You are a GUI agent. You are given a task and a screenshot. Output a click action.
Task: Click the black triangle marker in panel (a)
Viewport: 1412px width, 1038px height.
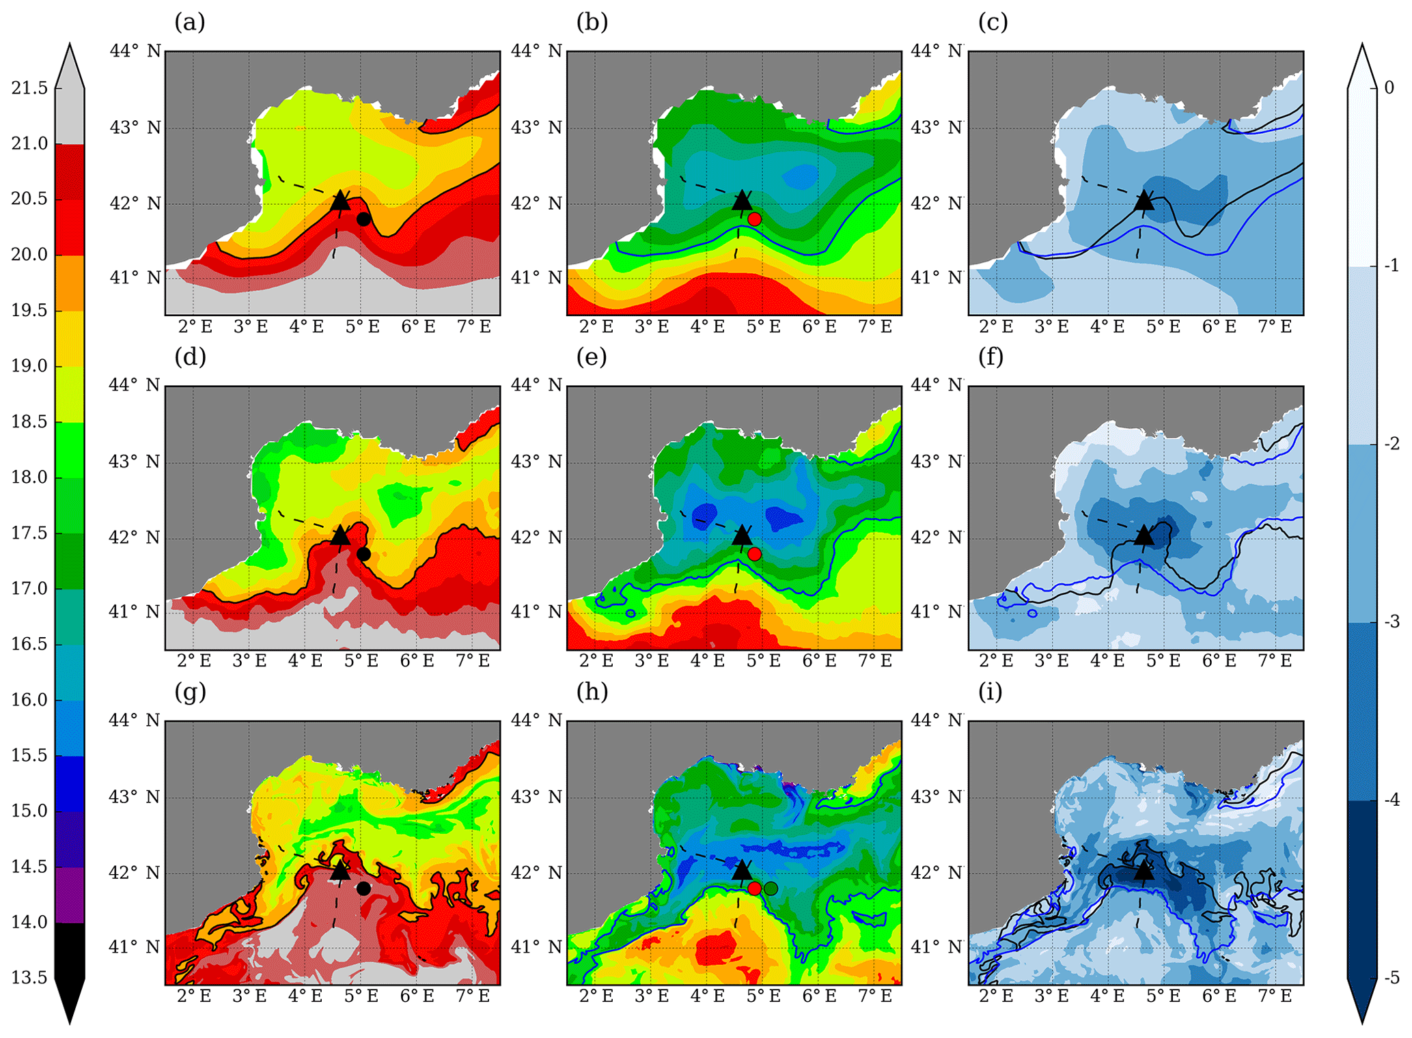340,201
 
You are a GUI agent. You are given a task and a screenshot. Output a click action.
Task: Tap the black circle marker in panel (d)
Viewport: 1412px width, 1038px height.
363,554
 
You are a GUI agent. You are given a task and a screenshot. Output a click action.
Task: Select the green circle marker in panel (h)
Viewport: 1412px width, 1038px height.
771,888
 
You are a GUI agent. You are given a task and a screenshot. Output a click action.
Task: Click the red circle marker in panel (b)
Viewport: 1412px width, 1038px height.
754,219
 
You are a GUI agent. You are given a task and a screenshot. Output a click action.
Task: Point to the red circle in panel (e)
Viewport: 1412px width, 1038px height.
754,554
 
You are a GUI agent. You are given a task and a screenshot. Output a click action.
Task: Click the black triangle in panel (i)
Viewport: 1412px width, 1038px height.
1144,871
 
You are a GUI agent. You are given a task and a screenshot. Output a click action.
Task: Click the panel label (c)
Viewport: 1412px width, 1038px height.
993,23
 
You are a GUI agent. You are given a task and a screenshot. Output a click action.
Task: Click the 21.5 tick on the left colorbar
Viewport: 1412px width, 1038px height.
29,88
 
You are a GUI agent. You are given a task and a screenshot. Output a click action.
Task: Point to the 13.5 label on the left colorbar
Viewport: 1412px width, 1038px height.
29,978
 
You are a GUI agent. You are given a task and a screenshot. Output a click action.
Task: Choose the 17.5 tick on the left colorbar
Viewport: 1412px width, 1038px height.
29,533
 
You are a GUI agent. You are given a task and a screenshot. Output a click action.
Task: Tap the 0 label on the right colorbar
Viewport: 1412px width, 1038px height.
1389,87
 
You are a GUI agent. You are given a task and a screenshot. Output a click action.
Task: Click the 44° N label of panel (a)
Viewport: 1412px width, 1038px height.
135,51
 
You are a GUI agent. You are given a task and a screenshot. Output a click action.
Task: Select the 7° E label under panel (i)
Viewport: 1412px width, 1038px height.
1275,996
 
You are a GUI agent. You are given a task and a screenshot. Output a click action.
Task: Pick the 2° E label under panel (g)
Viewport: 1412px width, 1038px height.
194,996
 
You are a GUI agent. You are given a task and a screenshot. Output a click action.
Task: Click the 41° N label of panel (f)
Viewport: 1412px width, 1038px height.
937,612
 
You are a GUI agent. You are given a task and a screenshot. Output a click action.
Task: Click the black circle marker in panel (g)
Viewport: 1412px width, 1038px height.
363,888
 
